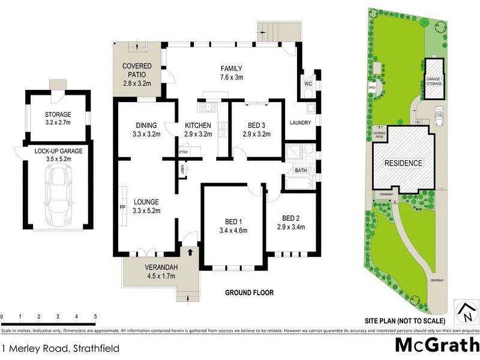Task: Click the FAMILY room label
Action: tap(231, 68)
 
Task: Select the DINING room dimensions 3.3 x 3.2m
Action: tap(146, 134)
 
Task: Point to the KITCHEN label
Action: tap(199, 125)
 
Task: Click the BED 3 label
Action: tap(256, 125)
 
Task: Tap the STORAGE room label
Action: tap(58, 115)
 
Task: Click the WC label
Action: tap(308, 84)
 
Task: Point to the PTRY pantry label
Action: tap(184, 152)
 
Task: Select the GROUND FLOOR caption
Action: tap(249, 293)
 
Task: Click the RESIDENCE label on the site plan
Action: tap(403, 163)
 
